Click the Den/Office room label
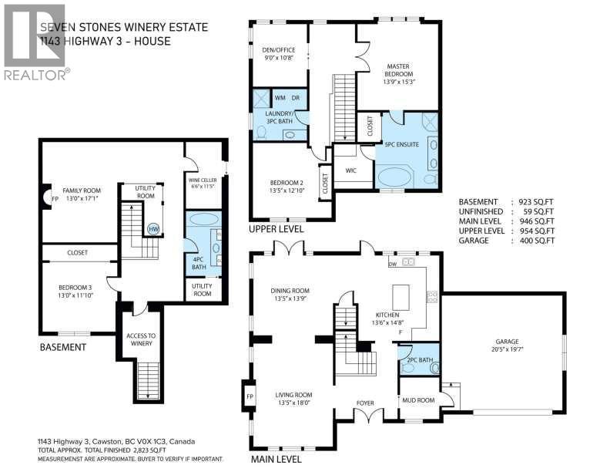click(278, 53)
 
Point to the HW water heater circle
click(153, 229)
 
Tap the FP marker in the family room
click(54, 198)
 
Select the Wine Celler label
click(203, 182)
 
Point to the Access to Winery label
click(141, 339)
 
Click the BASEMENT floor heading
click(63, 347)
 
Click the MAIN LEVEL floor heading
click(275, 460)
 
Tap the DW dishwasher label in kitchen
click(392, 263)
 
